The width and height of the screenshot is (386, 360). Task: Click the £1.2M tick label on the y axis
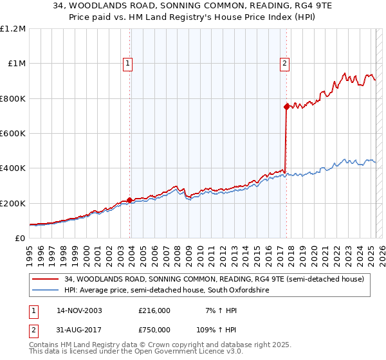[13, 29]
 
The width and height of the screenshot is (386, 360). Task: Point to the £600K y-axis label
[13, 134]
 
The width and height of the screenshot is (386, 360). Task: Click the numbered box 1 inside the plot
[129, 63]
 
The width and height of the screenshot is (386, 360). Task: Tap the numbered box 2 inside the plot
[284, 63]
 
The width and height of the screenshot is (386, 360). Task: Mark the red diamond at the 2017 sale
[286, 107]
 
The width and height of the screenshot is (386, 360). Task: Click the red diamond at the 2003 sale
[130, 201]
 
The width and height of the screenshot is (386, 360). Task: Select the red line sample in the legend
[46, 279]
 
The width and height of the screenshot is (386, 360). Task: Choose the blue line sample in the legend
[46, 291]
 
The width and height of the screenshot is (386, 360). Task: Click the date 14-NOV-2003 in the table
[80, 310]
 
